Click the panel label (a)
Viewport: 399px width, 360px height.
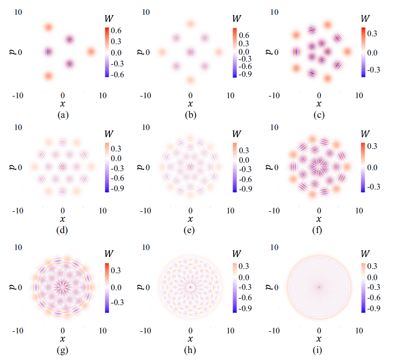tap(63, 116)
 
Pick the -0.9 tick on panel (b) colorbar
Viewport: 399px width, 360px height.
tap(245, 74)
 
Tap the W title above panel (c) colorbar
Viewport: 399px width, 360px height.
tap(366, 19)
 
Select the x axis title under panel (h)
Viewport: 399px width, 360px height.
tap(190, 338)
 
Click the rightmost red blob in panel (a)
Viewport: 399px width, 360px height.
tap(91, 51)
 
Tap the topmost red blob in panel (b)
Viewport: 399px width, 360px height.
tap(190, 24)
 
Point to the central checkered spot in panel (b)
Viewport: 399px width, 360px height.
tap(190, 52)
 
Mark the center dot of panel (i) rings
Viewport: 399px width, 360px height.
tap(319, 287)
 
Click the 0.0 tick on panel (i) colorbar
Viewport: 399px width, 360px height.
tap(374, 277)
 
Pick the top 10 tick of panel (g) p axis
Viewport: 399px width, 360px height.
tap(18, 247)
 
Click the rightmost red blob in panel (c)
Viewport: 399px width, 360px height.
tap(347, 51)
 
